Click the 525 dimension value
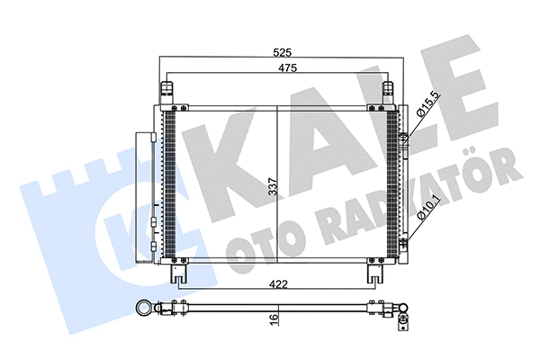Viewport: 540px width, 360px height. (x=283, y=52)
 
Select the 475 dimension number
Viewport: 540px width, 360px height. (x=287, y=67)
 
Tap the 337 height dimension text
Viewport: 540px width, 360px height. (x=273, y=186)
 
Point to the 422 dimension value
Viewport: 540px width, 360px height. (x=278, y=284)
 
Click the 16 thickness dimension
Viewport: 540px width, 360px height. (x=273, y=319)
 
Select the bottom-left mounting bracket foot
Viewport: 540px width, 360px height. (x=179, y=274)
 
